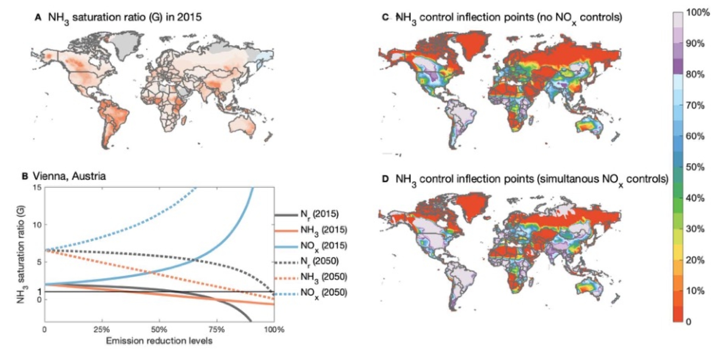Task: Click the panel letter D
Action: click(x=385, y=179)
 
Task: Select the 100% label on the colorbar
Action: click(x=698, y=13)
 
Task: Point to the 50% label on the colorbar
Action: click(x=695, y=167)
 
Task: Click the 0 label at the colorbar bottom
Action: click(x=689, y=322)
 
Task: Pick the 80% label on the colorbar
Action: click(x=695, y=74)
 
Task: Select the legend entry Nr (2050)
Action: click(x=319, y=261)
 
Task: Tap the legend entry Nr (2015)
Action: click(x=319, y=214)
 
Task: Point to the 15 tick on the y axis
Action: click(x=37, y=187)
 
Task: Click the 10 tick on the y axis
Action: click(x=37, y=225)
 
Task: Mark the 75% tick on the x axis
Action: click(x=216, y=330)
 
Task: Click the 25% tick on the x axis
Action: click(x=102, y=330)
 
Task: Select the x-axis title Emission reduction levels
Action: click(x=159, y=341)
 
